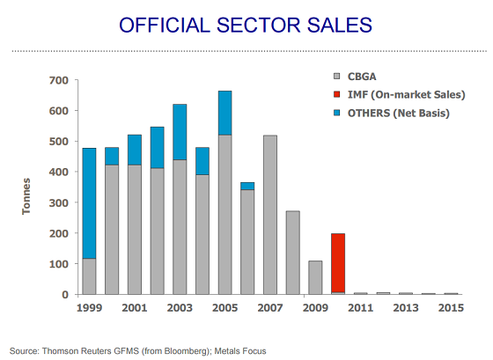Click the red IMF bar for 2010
pyautogui.click(x=338, y=263)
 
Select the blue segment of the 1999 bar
pyautogui.click(x=89, y=203)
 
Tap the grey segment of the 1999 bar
pyautogui.click(x=89, y=276)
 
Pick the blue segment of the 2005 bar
pyautogui.click(x=224, y=113)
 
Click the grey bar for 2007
pyautogui.click(x=270, y=215)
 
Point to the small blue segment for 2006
pyautogui.click(x=247, y=186)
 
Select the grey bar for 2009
pyautogui.click(x=315, y=277)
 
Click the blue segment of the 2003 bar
pyautogui.click(x=180, y=132)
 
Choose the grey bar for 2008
pyautogui.click(x=292, y=253)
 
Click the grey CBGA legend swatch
pyautogui.click(x=336, y=77)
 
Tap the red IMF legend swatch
pyautogui.click(x=336, y=94)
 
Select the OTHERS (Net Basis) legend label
pyautogui.click(x=398, y=114)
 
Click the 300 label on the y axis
pyautogui.click(x=59, y=202)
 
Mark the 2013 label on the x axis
pyautogui.click(x=406, y=308)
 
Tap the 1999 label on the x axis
pyautogui.click(x=89, y=308)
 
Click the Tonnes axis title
pyautogui.click(x=26, y=196)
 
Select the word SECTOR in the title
pyautogui.click(x=259, y=26)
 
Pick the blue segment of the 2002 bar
pyautogui.click(x=158, y=148)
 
